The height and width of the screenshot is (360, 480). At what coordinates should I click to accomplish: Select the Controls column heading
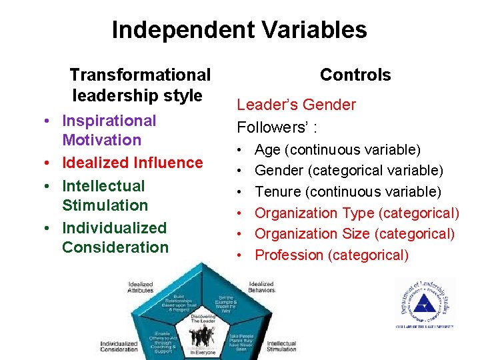pyautogui.click(x=355, y=75)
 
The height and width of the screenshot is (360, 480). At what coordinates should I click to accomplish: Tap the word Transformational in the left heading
pyautogui.click(x=140, y=75)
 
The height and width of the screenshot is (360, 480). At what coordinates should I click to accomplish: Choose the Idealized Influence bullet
pyautogui.click(x=132, y=163)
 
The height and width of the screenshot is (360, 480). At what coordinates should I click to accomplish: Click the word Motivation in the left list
pyautogui.click(x=101, y=140)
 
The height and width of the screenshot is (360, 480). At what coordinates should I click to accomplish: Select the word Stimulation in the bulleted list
pyautogui.click(x=105, y=205)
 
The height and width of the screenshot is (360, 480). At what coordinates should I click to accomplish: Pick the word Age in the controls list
pyautogui.click(x=268, y=150)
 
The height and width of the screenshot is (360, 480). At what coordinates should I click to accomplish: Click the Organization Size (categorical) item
pyautogui.click(x=355, y=234)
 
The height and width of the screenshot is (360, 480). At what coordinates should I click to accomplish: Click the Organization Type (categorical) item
pyautogui.click(x=357, y=213)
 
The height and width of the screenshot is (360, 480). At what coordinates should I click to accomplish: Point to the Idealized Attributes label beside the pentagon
pyautogui.click(x=141, y=287)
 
